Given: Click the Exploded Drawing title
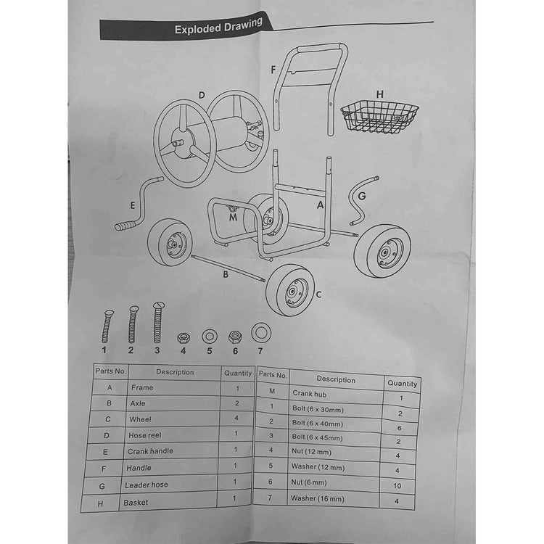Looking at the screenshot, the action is coord(218,27).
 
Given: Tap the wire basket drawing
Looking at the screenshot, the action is coord(379,118).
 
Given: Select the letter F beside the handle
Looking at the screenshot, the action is coord(273,70).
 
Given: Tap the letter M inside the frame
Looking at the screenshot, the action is coord(233,217).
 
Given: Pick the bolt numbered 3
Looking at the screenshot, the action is coord(158,323).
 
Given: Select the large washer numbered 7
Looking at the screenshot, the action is coord(261,333).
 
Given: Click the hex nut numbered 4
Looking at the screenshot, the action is coord(184,337).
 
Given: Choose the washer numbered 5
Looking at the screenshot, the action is coord(210,337).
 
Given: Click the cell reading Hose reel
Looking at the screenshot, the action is coord(144,435).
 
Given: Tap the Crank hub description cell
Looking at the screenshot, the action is coord(310,394).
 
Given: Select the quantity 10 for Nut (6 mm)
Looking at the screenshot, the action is coord(397,486).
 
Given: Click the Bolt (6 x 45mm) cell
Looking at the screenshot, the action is coord(317,437).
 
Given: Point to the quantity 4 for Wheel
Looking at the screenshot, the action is coord(236,418).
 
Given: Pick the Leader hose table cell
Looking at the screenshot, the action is coord(147,485).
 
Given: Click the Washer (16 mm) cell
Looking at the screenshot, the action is coord(318,498).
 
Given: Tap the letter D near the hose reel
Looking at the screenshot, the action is coord(202,95).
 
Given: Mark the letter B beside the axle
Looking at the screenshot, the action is coord(226,274).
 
